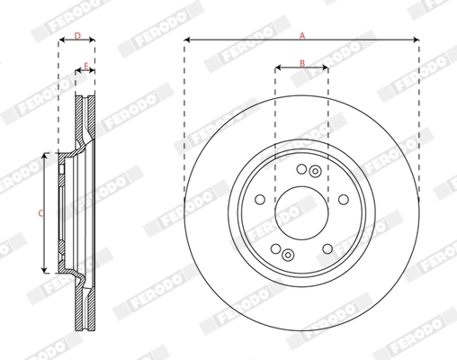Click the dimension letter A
[302, 34]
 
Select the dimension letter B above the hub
[302, 61]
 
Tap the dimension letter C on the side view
[40, 212]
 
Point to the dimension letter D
[76, 36]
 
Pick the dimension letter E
[85, 65]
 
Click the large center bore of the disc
[301, 212]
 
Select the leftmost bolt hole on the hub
[259, 200]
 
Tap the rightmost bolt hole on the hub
[344, 200]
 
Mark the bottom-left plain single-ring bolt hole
[275, 249]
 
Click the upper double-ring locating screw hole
[314, 172]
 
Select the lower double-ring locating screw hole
[288, 255]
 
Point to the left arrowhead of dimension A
[186, 40]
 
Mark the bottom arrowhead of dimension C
[45, 269]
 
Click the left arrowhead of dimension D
[61, 41]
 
